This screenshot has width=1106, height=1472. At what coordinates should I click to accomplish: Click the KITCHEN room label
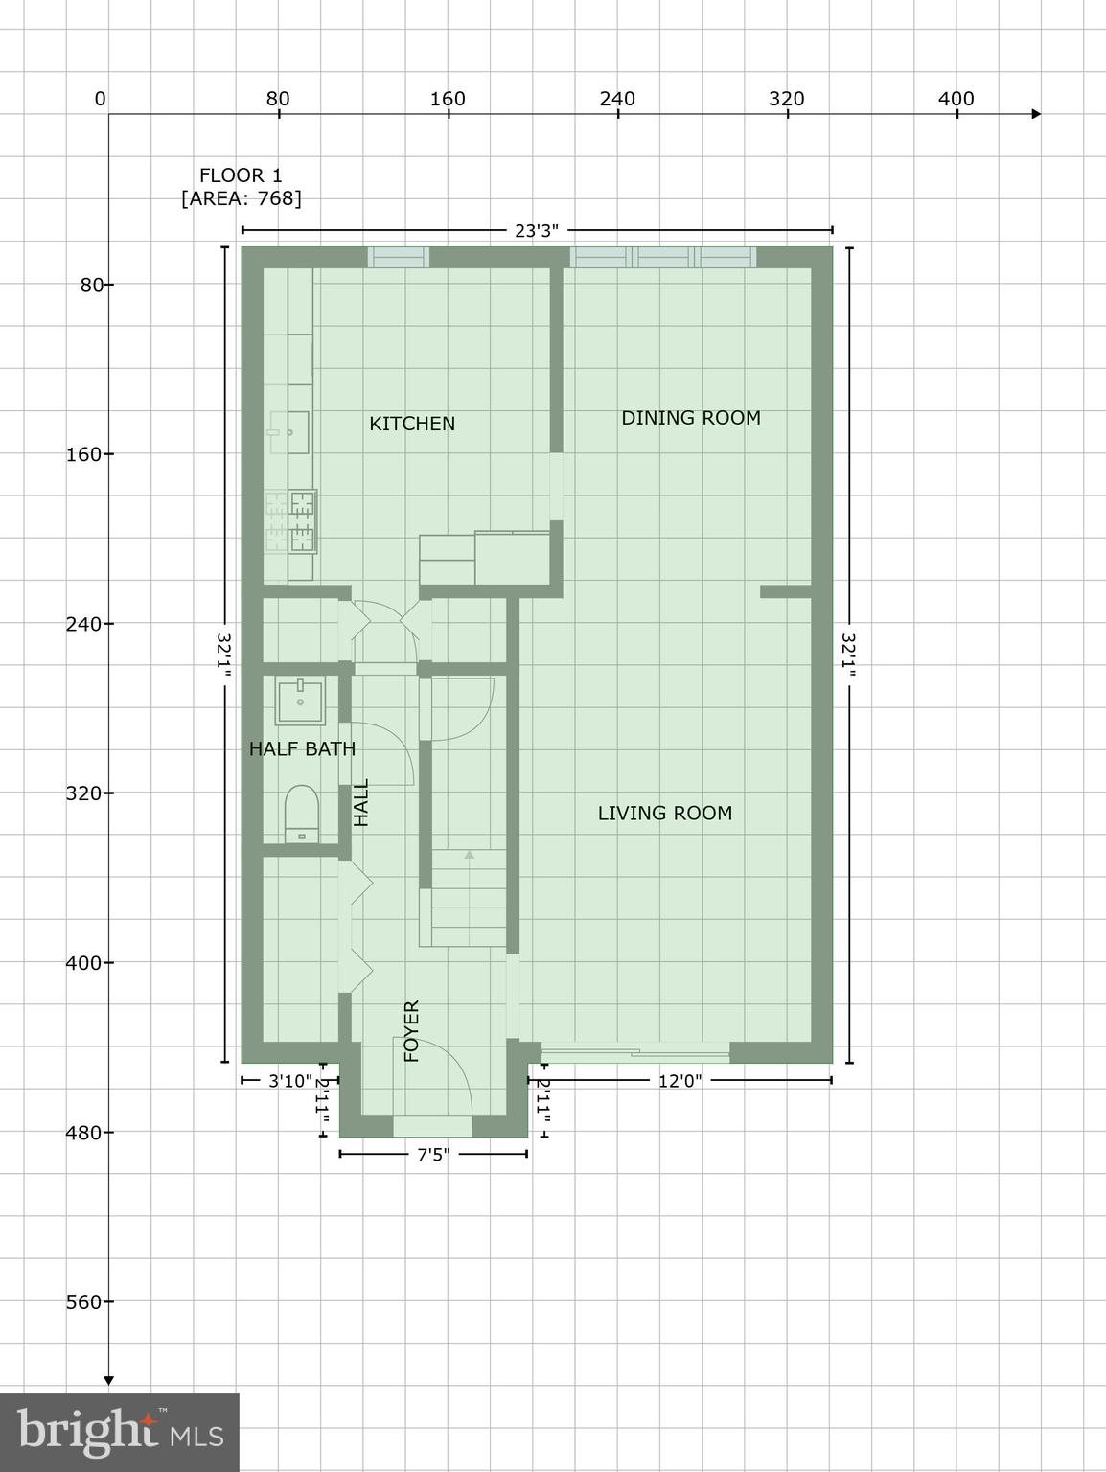412,424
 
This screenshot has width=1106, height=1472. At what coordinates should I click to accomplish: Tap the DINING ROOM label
690,418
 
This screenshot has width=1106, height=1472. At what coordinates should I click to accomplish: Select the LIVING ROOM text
664,814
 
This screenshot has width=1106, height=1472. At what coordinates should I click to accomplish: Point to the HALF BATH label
302,749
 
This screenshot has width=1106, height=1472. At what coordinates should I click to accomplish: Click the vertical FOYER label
412,1031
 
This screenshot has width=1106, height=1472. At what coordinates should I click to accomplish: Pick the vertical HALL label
361,803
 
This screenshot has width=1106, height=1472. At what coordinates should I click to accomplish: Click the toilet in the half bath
302,815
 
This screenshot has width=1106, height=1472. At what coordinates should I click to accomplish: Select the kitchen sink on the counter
288,432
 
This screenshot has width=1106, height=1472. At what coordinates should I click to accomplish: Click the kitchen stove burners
291,521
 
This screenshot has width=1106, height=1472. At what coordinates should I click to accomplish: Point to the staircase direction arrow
469,854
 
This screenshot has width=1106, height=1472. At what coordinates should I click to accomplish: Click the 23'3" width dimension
537,230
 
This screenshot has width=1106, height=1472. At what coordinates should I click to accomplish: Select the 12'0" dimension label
680,1081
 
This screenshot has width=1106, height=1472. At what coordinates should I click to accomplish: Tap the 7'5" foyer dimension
433,1155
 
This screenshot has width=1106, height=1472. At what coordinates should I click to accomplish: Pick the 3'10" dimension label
289,1081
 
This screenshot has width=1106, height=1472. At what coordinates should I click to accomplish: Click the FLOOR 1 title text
241,175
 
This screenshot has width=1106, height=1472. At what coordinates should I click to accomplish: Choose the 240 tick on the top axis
618,99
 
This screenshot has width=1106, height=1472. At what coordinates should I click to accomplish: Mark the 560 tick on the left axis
84,1301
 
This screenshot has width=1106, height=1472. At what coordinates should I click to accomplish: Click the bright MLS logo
120,1433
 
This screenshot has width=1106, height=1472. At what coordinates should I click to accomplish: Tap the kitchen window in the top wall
398,257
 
